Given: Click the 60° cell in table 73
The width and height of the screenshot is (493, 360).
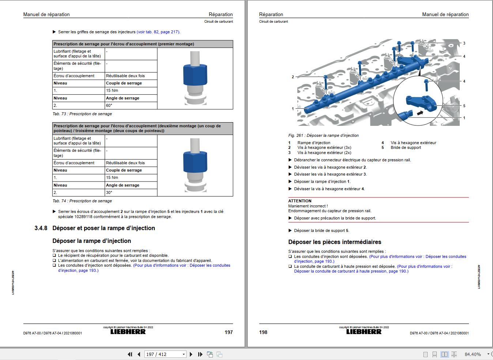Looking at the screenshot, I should click(x=109, y=105).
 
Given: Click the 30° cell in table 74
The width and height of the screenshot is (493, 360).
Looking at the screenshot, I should click(x=109, y=192).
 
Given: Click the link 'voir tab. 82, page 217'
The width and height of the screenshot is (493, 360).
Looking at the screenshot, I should click(x=158, y=32).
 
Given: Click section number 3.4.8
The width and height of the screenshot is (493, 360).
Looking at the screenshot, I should click(x=41, y=228).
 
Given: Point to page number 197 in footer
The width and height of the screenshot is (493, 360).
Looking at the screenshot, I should click(x=228, y=332).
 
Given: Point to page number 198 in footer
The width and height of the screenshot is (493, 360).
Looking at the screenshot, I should click(x=263, y=332).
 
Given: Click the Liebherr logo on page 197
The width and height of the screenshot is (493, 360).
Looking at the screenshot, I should click(x=128, y=332).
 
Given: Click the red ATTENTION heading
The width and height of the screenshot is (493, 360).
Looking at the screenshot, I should click(x=300, y=201).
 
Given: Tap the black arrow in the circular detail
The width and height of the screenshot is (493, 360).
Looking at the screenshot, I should click(x=422, y=113).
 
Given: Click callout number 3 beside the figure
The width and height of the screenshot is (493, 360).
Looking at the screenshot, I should click(x=464, y=43).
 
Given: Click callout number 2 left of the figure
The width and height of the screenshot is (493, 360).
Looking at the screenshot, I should click(x=293, y=77).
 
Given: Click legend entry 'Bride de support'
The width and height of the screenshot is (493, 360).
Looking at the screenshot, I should click(x=406, y=147).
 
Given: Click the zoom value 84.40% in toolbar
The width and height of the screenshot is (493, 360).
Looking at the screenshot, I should click(x=473, y=354).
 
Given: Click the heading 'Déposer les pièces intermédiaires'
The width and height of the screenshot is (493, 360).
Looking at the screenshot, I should click(x=335, y=242).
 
